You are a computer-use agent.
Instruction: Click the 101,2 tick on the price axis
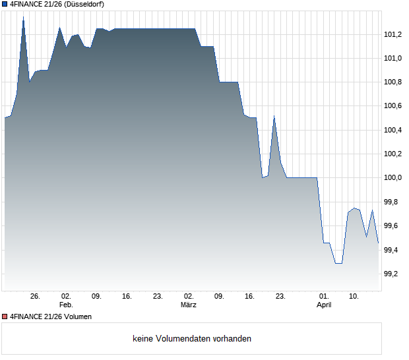pyautogui.click(x=394, y=34)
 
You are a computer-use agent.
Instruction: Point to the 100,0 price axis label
pyautogui.click(x=394, y=178)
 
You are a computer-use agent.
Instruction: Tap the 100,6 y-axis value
pyautogui.click(x=394, y=106)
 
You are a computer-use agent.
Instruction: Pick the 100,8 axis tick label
pyautogui.click(x=394, y=82)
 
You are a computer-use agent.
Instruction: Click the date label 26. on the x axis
pyautogui.click(x=36, y=297)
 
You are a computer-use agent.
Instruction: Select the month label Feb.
pyautogui.click(x=66, y=305)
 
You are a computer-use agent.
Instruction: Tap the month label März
pyautogui.click(x=189, y=305)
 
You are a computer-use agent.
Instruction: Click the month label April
pyautogui.click(x=324, y=305)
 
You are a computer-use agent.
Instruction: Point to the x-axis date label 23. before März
pyautogui.click(x=158, y=297)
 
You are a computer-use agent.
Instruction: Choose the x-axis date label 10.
pyautogui.click(x=354, y=297)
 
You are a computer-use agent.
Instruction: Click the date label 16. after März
pyautogui.click(x=250, y=297)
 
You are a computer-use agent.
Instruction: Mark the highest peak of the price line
pyautogui.click(x=23, y=18)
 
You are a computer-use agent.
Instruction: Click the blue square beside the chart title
pyautogui.click(x=5, y=4)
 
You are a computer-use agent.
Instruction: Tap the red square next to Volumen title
pyautogui.click(x=5, y=317)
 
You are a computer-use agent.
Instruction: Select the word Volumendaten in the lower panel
pyautogui.click(x=184, y=339)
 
